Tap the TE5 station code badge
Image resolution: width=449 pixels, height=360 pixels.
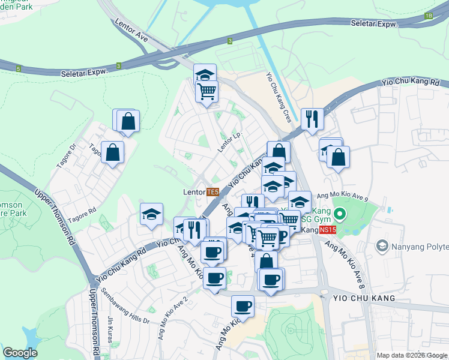(x=212, y=192)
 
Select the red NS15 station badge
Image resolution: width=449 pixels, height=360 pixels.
(x=327, y=230)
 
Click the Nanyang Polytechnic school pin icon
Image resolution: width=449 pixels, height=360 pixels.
(x=382, y=245)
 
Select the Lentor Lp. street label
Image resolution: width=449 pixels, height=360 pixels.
(x=229, y=142)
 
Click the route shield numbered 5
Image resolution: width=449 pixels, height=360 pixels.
(x=19, y=70)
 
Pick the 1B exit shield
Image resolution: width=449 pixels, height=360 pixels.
(x=428, y=16)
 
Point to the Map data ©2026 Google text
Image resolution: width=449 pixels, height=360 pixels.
(x=411, y=355)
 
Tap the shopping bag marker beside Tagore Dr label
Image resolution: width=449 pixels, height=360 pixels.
(x=112, y=153)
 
